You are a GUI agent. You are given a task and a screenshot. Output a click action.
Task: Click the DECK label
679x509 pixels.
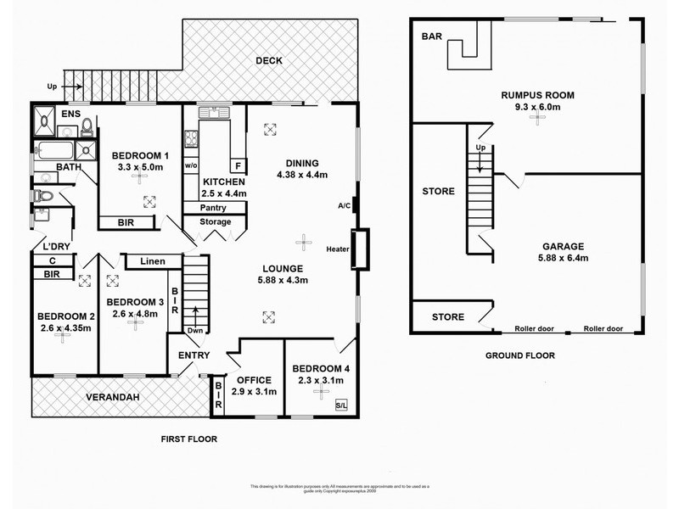268,60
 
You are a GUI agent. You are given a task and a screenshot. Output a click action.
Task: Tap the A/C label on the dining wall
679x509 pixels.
343,205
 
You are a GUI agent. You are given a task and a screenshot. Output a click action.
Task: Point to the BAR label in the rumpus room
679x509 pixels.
431,36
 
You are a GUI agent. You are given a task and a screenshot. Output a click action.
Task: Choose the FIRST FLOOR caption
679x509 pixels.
189,439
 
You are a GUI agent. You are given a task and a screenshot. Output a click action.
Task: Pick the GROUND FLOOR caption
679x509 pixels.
521,355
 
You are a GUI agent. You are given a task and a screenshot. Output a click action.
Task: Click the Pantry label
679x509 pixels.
214,208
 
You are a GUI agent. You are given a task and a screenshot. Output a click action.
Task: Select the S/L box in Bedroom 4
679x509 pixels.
340,404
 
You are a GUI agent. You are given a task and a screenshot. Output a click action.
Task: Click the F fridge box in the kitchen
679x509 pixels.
238,165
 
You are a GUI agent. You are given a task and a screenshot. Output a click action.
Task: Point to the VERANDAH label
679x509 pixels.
110,397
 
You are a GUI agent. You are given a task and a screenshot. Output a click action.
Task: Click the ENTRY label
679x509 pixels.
194,355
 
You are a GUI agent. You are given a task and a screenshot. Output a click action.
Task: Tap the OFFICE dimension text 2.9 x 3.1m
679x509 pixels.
254,392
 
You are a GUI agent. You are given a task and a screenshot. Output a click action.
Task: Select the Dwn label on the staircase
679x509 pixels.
195,332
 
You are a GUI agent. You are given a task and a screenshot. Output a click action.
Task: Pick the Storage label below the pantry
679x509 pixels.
215,222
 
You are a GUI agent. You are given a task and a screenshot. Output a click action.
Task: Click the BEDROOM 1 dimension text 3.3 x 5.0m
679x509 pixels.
137,167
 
